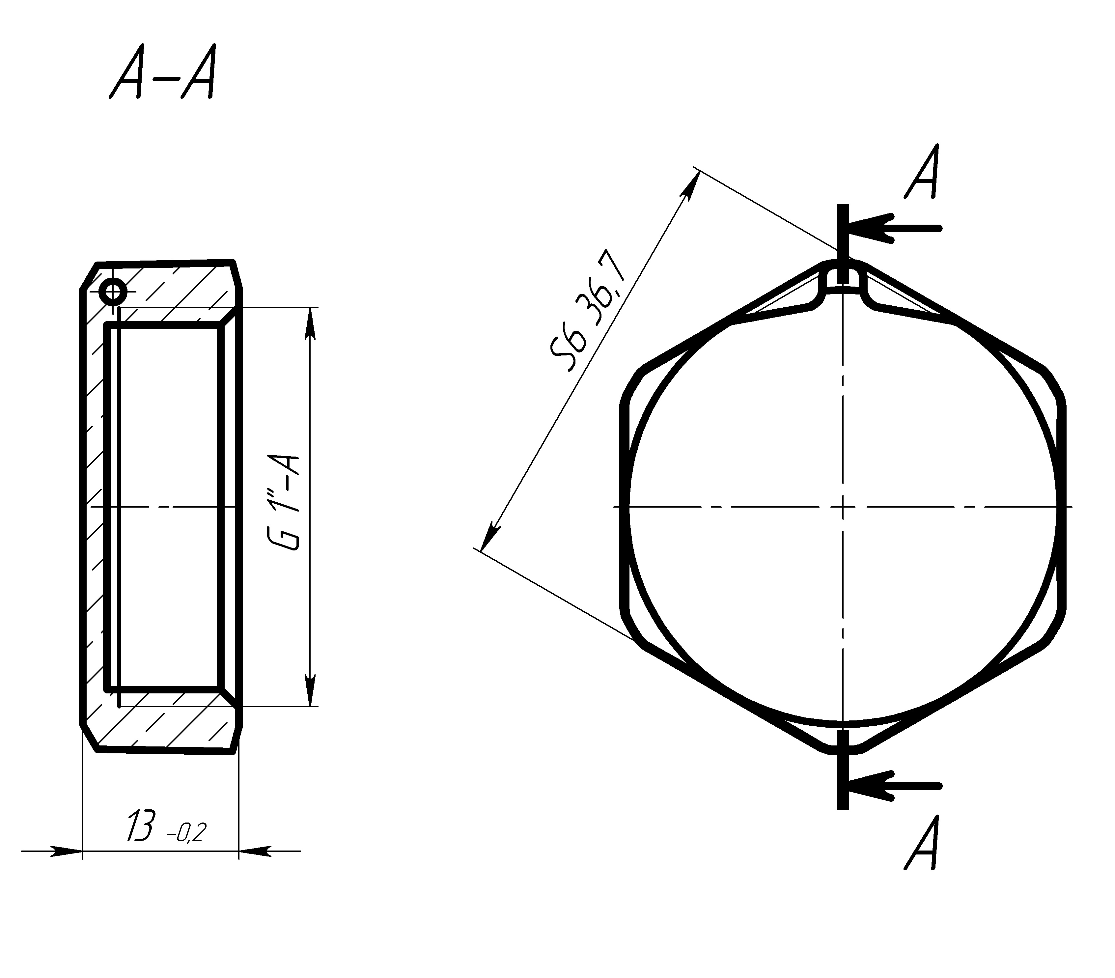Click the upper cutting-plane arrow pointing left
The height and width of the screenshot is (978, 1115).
point(895,228)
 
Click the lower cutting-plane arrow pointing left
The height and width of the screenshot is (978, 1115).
point(895,787)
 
